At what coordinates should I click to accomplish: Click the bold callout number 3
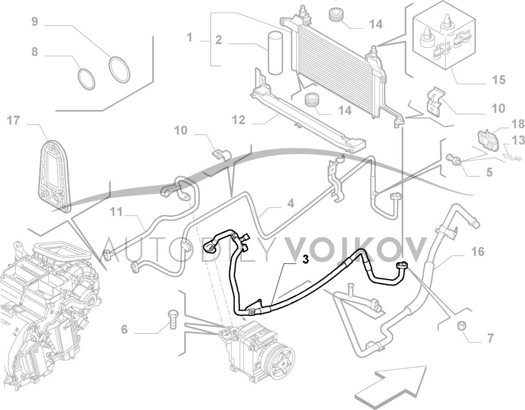click(x=305, y=260)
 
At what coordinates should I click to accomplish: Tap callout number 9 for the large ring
click(x=35, y=21)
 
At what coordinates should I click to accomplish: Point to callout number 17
click(x=14, y=121)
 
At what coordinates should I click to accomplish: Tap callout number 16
click(x=478, y=252)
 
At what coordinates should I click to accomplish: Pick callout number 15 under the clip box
click(x=499, y=80)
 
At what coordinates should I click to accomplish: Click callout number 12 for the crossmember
click(x=239, y=121)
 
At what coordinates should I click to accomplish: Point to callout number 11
click(x=117, y=212)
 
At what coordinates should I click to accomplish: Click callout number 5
click(x=489, y=172)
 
